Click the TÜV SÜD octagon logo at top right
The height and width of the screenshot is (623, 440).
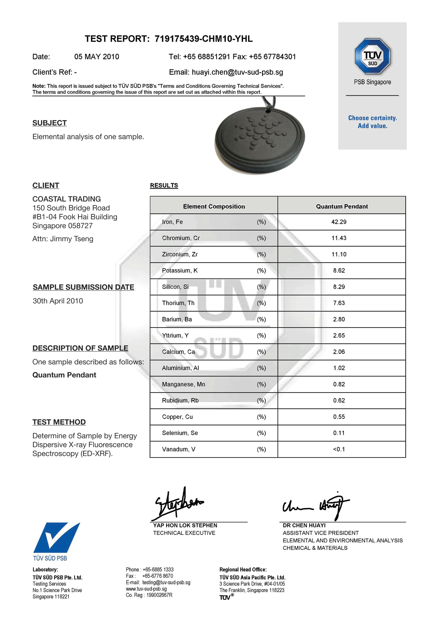coord(372,56)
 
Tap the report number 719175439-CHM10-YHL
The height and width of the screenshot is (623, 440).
coord(203,39)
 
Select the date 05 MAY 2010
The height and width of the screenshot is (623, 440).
coord(97,57)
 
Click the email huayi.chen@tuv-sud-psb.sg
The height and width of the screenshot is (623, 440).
coord(237,72)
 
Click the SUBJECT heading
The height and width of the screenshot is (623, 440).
coord(49,123)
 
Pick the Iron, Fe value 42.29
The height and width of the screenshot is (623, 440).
coord(339,222)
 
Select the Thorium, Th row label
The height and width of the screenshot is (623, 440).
coord(178,303)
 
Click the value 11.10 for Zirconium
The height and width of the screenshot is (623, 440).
coord(339,254)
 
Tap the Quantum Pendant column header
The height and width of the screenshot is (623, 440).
coord(341,206)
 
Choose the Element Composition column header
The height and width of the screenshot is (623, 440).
coord(214,206)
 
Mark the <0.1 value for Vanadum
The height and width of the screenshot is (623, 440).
coord(339,449)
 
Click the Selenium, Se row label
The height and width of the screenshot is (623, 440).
coord(180,433)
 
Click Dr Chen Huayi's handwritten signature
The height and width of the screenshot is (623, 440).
coord(316,505)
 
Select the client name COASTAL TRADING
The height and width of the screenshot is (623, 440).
coord(66,199)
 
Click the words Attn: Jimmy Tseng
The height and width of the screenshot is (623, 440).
coord(63,239)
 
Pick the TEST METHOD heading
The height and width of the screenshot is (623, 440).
coord(59,422)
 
